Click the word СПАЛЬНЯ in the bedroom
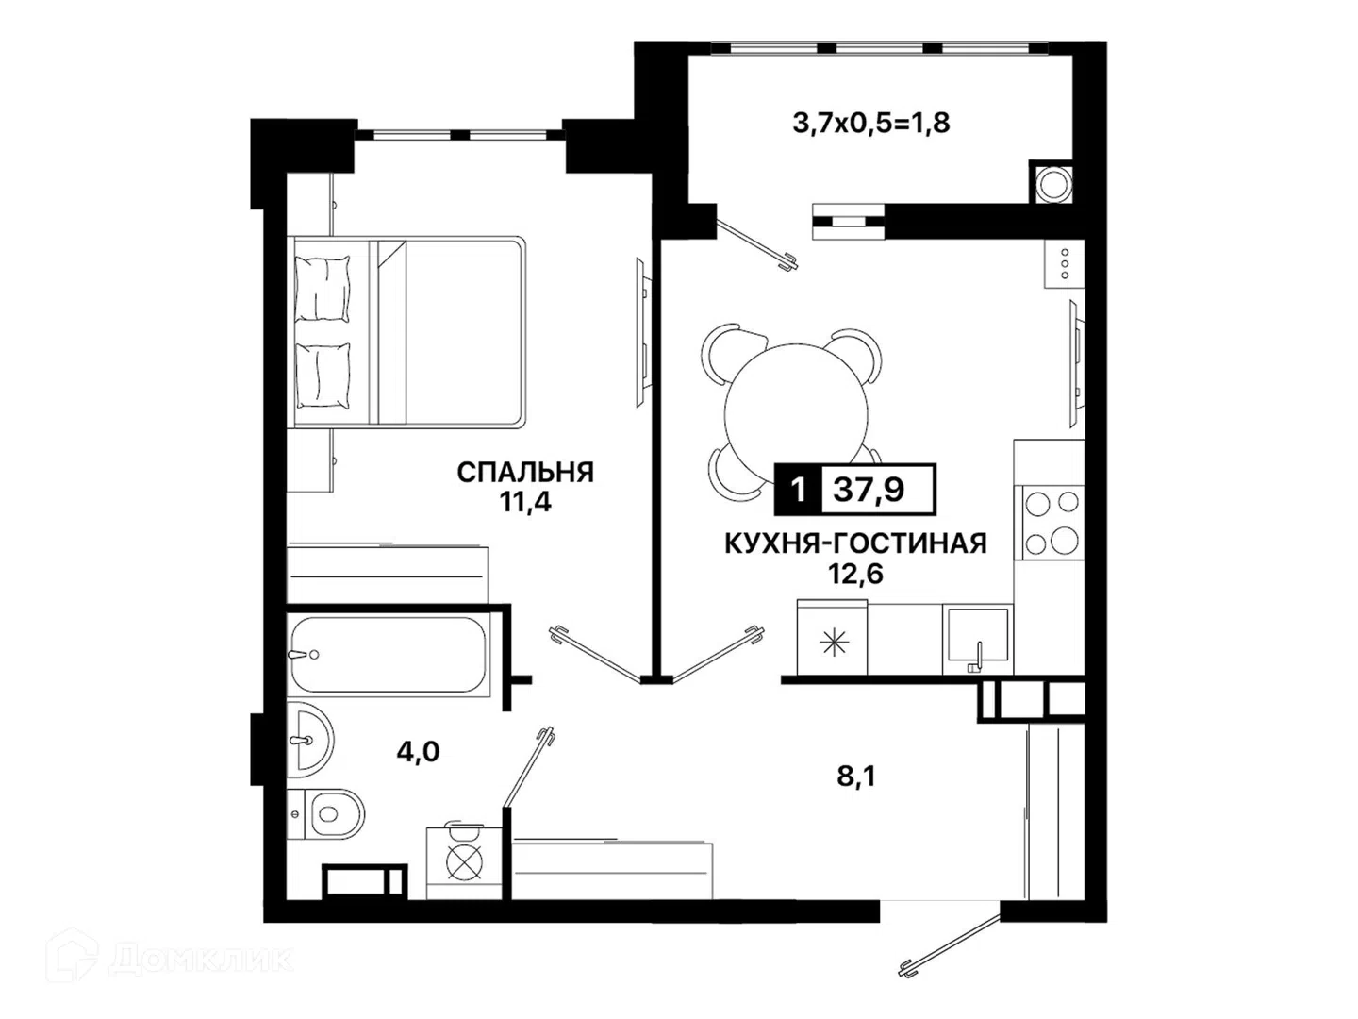(x=525, y=473)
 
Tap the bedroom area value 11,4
(x=525, y=502)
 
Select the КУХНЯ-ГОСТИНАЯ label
(x=855, y=543)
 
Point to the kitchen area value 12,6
(x=855, y=575)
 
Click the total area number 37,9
(x=869, y=490)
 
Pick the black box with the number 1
(x=798, y=490)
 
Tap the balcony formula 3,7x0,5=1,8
(x=871, y=123)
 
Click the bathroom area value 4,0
(x=418, y=752)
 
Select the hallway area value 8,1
(x=856, y=777)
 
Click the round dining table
(x=796, y=415)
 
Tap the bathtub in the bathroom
(x=389, y=655)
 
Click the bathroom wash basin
(x=310, y=740)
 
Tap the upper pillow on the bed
(x=323, y=289)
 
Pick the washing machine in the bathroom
(x=463, y=862)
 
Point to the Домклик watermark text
(x=202, y=960)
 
